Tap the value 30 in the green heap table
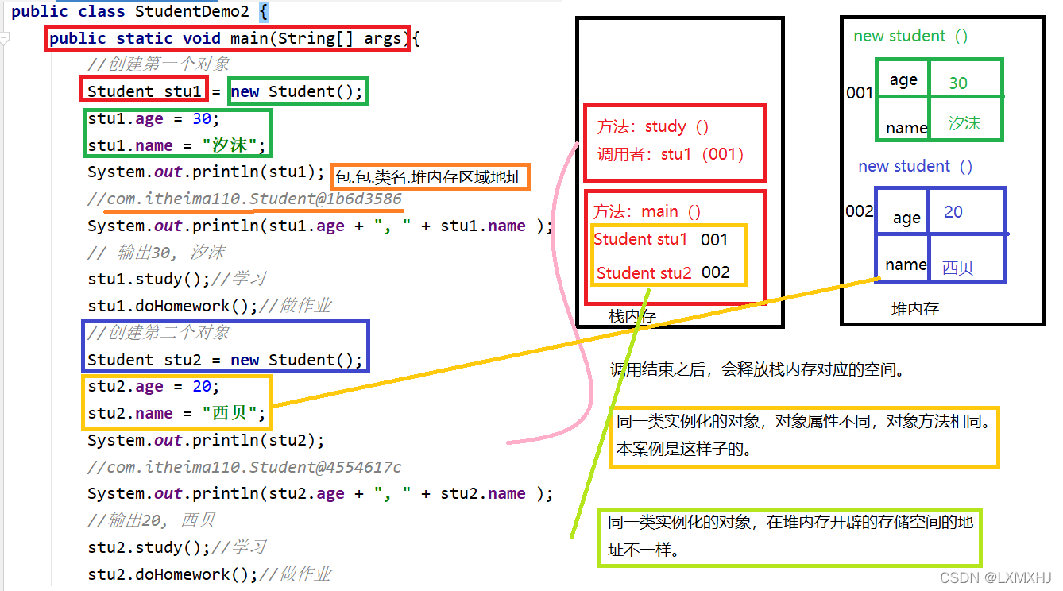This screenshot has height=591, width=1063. [958, 83]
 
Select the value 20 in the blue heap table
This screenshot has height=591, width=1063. [953, 212]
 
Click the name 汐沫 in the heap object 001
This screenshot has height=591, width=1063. [964, 123]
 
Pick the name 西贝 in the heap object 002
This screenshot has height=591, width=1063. [957, 267]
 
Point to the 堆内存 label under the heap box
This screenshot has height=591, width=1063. [915, 309]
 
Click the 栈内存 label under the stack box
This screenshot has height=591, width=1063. [632, 316]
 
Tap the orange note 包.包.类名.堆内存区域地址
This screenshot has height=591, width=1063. [429, 177]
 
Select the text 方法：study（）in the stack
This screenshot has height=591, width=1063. [653, 127]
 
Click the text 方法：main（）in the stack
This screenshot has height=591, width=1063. [647, 212]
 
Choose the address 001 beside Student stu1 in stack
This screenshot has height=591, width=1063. [714, 239]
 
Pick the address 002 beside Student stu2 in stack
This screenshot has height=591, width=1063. [716, 272]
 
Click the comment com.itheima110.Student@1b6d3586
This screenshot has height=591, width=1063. [254, 199]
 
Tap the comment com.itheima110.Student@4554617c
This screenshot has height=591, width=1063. [254, 467]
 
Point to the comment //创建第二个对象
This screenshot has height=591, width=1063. [159, 333]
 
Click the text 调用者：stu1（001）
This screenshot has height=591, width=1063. [671, 154]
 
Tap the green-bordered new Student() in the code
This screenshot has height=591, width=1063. [296, 91]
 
